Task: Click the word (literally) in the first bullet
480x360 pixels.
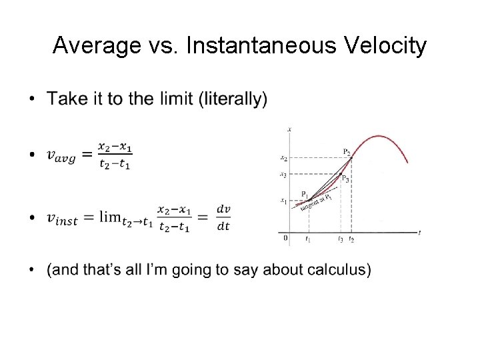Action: (233, 99)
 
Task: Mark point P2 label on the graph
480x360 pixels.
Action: (347, 153)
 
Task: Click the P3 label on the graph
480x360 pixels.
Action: (345, 178)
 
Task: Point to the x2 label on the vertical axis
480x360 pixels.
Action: (283, 159)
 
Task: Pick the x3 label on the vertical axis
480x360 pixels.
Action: (283, 175)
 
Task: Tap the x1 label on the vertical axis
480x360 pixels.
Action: (283, 201)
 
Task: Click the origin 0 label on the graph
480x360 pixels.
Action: (285, 237)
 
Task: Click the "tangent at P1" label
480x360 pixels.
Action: (315, 202)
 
